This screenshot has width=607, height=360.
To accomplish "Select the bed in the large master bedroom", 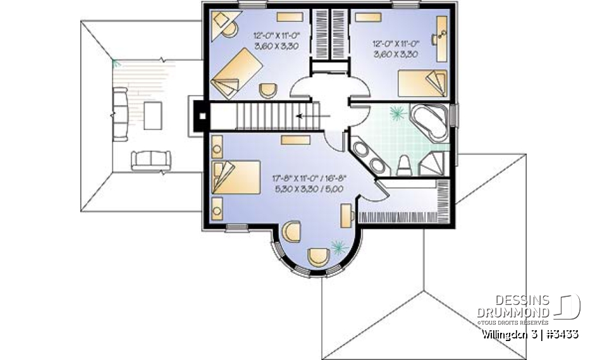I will click(237, 177).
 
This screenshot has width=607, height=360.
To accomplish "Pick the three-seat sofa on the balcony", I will click(120, 115).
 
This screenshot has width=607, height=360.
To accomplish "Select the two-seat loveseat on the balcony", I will click(150, 161).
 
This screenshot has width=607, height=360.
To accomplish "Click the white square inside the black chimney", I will click(201, 116).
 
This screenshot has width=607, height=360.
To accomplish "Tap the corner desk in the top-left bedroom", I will click(223, 26).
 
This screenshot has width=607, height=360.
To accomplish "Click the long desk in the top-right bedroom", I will click(441, 32).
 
